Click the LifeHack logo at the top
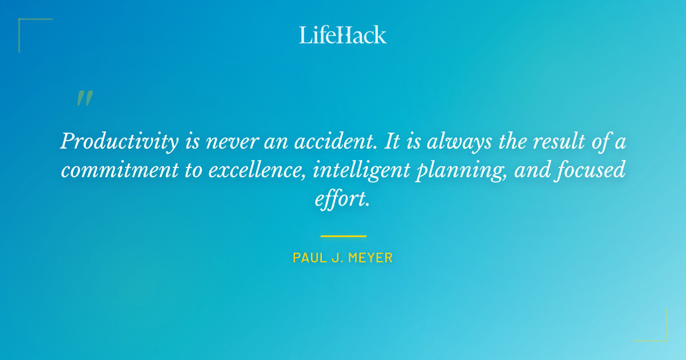pos(343,35)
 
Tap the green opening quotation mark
pos(85,99)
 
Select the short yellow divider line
pos(343,235)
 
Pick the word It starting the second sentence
pos(392,142)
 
